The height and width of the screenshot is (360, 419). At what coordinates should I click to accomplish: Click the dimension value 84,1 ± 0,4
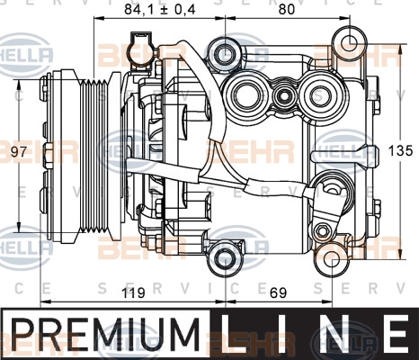tap(160, 10)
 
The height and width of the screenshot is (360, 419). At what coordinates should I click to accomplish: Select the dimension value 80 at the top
tap(287, 10)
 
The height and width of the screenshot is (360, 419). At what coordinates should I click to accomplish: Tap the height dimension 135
tap(401, 150)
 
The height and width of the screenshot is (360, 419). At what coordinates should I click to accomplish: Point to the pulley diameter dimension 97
tap(19, 152)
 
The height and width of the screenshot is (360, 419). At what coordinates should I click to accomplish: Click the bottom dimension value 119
tap(133, 292)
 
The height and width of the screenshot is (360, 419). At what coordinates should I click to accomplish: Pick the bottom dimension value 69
tap(278, 292)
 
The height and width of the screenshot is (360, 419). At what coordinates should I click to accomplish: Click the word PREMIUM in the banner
tap(105, 335)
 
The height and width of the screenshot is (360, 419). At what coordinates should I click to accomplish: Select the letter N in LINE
tap(333, 333)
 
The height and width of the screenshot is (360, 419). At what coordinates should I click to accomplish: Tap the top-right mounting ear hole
tap(350, 42)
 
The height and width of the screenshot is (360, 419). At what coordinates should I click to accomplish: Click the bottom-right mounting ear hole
tap(332, 260)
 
